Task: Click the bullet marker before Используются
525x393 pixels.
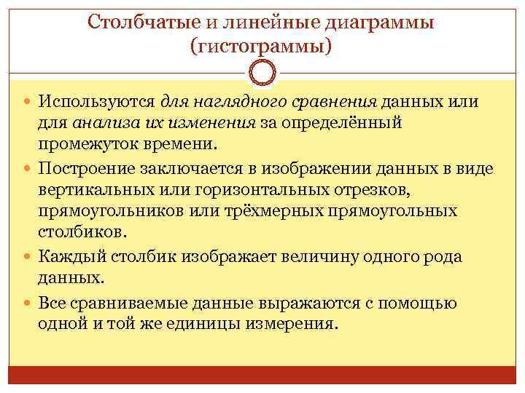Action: click(x=28, y=102)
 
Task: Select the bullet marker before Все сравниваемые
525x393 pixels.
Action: click(x=28, y=302)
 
